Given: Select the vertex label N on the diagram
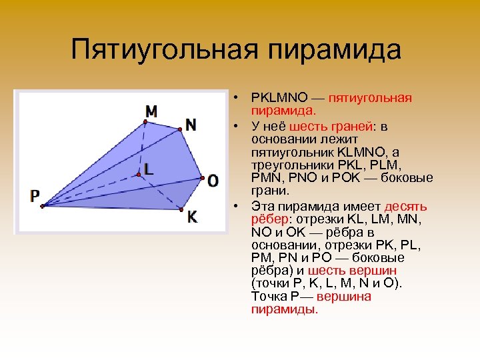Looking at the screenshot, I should click(x=191, y=125).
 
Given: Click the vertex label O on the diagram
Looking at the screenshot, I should click(x=213, y=180).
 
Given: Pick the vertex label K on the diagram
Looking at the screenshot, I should click(x=192, y=217).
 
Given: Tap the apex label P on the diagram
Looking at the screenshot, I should click(x=35, y=196).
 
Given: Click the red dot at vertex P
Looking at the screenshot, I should click(x=41, y=206).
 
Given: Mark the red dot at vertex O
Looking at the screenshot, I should click(x=201, y=178).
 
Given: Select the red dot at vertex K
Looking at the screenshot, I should click(x=181, y=209).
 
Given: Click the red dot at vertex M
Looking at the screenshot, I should click(x=145, y=121).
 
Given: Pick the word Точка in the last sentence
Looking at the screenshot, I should click(x=267, y=297).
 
